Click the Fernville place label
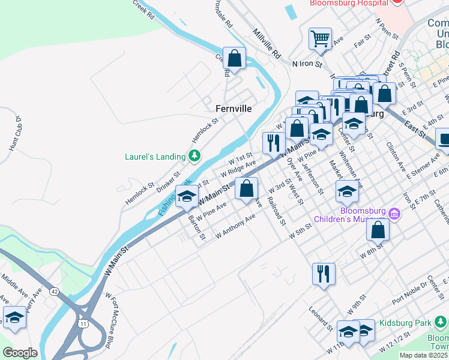(234, 109)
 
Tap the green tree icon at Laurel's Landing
(194, 157)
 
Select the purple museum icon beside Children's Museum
(394, 213)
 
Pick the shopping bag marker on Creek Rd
(234, 59)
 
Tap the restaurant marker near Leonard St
(324, 274)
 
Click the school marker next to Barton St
(187, 196)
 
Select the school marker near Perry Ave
(14, 318)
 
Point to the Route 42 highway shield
(55, 292)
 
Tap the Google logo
(20, 353)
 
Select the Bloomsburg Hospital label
(347, 3)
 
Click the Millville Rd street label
(267, 43)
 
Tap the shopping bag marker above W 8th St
(378, 229)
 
